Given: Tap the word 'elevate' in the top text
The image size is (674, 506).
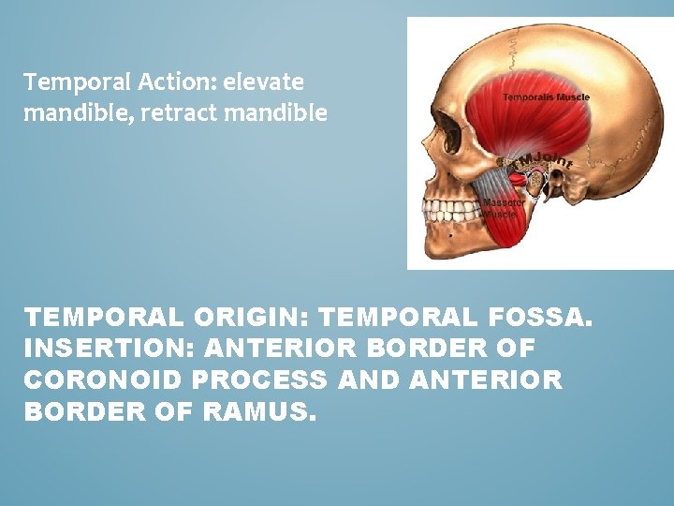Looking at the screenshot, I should coord(263,82).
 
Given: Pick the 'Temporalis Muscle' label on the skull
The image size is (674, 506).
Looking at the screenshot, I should coord(546,97).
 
